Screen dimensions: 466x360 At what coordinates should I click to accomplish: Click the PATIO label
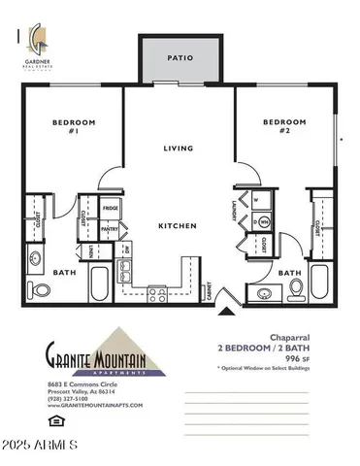(x=180, y=58)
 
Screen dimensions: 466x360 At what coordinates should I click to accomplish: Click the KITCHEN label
(x=178, y=226)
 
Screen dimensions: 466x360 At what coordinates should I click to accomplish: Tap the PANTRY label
(x=111, y=229)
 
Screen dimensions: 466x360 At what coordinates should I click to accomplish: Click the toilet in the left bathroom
(x=39, y=289)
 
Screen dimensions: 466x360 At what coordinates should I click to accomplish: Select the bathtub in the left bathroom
(x=100, y=284)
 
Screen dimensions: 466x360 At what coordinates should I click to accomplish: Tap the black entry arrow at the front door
(x=229, y=310)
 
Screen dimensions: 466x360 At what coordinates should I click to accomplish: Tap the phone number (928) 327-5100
(x=69, y=398)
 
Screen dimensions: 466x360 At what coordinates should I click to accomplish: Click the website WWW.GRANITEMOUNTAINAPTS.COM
(x=94, y=405)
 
